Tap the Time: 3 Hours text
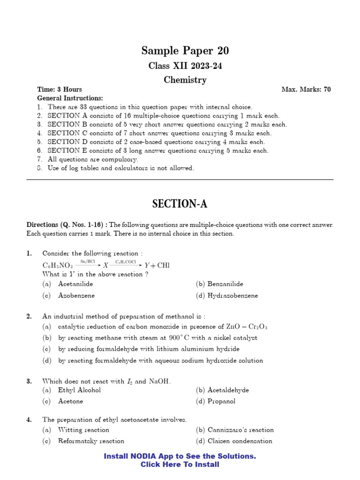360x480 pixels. tap(60, 90)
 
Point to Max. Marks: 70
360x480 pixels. tap(306, 90)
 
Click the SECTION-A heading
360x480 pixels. tap(180, 204)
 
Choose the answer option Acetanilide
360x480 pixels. tap(75, 284)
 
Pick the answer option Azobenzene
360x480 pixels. tap(76, 296)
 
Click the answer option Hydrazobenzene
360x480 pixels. tap(232, 296)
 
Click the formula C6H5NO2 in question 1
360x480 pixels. tap(58, 265)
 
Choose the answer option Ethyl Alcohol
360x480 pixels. tap(79, 390)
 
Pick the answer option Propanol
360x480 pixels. tap(221, 402)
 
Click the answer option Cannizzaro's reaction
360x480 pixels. tap(240, 430)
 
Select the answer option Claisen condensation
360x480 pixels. tap(239, 441)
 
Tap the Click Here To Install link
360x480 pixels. tap(180, 465)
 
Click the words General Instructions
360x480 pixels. tap(70, 98)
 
